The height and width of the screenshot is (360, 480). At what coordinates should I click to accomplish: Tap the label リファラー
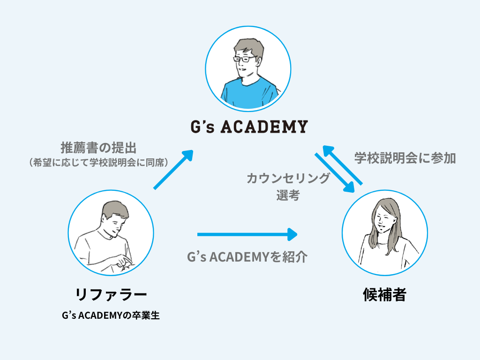111,294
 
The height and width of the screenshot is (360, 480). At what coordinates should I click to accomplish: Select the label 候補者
384,294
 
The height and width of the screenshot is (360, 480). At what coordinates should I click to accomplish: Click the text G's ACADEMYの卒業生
111,315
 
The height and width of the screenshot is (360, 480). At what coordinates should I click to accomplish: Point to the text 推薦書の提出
98,148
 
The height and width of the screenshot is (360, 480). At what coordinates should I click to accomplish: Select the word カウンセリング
288,179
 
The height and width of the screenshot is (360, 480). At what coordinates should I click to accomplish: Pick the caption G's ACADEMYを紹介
247,257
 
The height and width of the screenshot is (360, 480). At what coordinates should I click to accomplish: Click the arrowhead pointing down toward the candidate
348,186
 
